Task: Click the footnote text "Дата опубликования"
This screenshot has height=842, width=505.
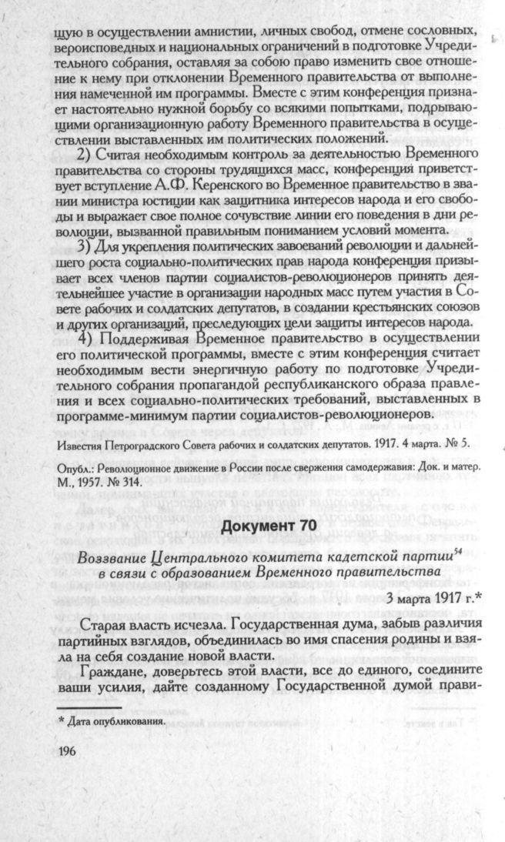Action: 116,721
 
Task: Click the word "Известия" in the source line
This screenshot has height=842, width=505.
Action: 82,444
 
